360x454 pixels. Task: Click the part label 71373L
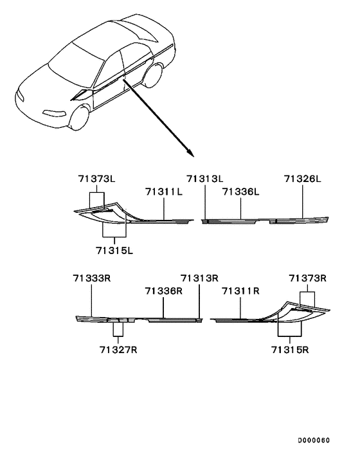(x=95, y=179)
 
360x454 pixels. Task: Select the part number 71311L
(x=163, y=191)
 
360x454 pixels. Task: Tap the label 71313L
(x=205, y=179)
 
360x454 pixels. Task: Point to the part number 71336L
(x=240, y=191)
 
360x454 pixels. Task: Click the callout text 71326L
(x=302, y=179)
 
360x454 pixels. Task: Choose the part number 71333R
(x=92, y=278)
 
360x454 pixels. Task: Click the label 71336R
(x=163, y=291)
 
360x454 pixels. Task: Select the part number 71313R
(x=199, y=278)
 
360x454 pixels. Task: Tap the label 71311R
(x=240, y=291)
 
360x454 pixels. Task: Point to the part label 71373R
(x=307, y=278)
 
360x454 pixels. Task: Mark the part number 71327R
(x=118, y=349)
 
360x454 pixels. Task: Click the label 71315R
(x=290, y=349)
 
